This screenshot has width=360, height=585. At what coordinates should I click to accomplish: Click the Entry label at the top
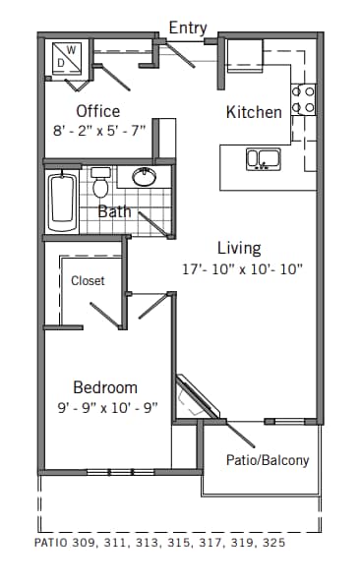pos(188,28)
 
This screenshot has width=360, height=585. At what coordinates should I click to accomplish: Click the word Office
pos(98,111)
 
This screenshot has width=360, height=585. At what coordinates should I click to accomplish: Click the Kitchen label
pos(254,112)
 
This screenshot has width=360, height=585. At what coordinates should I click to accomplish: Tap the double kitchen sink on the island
pos(264,158)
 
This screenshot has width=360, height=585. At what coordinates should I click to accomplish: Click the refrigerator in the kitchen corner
pos(245,55)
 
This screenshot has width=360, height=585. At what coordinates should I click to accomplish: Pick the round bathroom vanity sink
pos(145,177)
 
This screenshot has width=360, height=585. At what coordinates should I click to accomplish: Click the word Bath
pos(114,211)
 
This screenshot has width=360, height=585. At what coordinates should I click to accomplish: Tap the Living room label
pos(239,248)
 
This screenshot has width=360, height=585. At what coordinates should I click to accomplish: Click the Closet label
pos(88,281)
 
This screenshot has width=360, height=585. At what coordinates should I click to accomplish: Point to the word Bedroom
pos(105,387)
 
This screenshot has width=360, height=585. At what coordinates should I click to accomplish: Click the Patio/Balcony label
pos(268,460)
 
